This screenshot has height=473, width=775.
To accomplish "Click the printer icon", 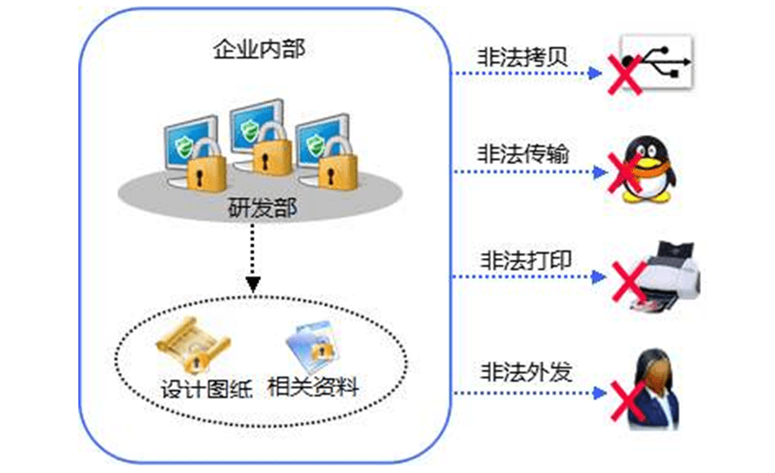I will pos(667,273).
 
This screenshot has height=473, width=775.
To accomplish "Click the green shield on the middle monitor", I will pos(251,131).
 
